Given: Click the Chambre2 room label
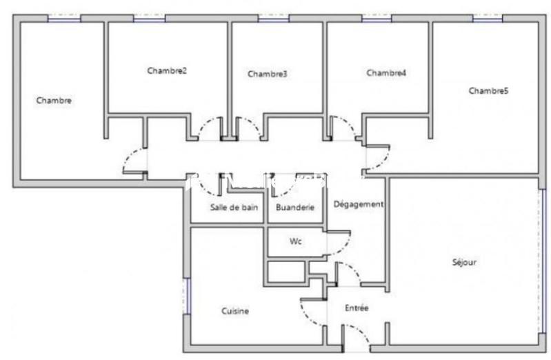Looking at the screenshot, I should (x=167, y=70).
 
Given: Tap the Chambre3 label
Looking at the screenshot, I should (x=267, y=74).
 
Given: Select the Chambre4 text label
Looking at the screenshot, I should (x=386, y=72).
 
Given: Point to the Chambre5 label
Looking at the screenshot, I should (x=488, y=90).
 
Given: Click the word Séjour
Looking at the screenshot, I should (x=464, y=262).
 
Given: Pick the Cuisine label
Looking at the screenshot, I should (x=235, y=311).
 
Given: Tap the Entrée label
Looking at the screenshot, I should (x=357, y=308).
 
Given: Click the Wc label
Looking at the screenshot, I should (x=296, y=242).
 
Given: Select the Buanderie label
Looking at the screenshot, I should (x=295, y=207).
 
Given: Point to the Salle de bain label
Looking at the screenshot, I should (x=234, y=207).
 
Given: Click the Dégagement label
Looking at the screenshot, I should (x=358, y=204).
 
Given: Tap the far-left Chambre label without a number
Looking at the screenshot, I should (x=54, y=100).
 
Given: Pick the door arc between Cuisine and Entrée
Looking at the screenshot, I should (x=310, y=314).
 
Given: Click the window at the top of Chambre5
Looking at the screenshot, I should (x=488, y=19).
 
